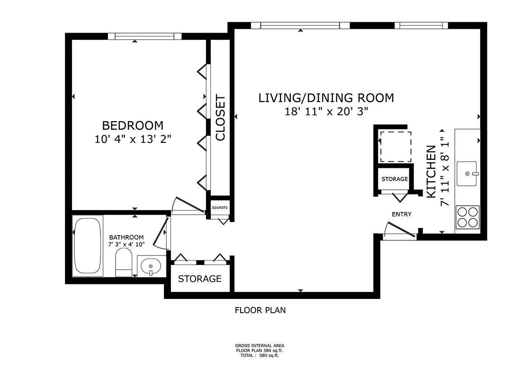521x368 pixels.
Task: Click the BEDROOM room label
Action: point(133,125)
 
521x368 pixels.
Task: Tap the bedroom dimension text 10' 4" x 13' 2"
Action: point(133,139)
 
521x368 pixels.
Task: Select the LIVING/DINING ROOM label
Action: point(326,98)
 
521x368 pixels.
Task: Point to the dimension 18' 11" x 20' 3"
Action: point(326,112)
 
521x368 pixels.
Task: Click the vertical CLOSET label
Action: point(220,117)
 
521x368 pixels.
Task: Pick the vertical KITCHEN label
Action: point(431,172)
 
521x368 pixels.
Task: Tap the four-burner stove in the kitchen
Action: point(467,218)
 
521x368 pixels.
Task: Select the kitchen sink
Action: point(467,174)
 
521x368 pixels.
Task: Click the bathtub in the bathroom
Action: point(88,245)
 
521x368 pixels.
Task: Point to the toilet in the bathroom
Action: point(124,263)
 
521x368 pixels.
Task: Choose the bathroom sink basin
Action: point(151,266)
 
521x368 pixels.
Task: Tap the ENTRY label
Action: point(402,214)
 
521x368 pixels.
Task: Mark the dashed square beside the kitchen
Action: point(396,147)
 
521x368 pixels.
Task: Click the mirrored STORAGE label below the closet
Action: point(220,208)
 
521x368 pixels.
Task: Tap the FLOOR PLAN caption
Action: point(260,310)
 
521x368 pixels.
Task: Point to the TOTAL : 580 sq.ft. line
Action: point(260,355)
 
